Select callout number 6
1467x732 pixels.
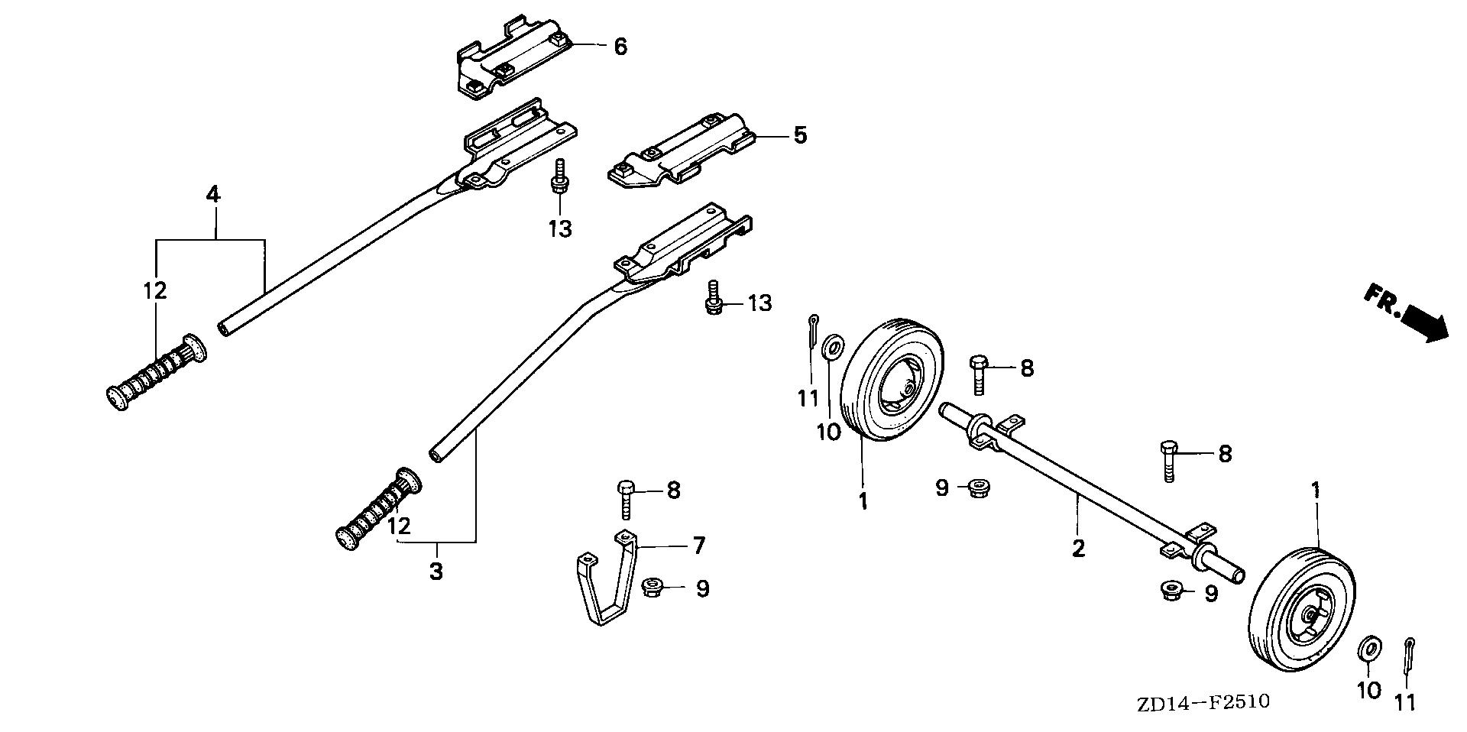tap(620, 47)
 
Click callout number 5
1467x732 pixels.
tap(799, 136)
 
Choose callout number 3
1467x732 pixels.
tap(436, 572)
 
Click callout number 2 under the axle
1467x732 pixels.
tap(1078, 549)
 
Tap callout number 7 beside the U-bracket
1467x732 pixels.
tap(698, 546)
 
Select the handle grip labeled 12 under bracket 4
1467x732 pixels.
tap(156, 374)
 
